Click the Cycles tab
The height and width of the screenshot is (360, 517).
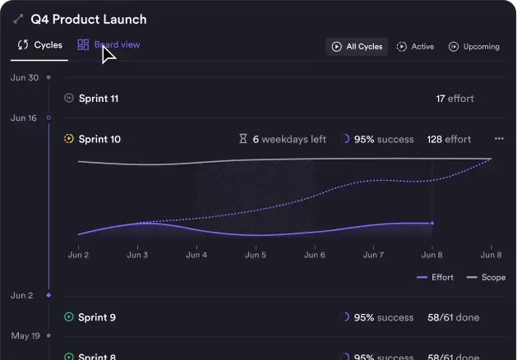coord(40,45)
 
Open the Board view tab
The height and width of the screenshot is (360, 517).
coord(108,44)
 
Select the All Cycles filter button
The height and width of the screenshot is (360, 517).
coord(357,47)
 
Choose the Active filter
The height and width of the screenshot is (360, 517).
coord(415,47)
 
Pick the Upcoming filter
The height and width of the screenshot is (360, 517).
coord(473,47)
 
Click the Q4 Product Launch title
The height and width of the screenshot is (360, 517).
coord(90,18)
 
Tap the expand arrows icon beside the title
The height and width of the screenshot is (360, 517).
coord(18,18)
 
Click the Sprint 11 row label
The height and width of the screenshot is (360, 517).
coord(98,99)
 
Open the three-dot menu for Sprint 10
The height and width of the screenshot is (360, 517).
coord(499,139)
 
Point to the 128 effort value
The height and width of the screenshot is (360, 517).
coord(449,139)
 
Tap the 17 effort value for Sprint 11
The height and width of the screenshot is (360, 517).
coord(455,99)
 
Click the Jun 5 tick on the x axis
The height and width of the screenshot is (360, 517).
coord(256,255)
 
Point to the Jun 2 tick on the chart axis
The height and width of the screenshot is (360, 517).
coord(78,255)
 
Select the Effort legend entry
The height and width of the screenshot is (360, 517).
coord(436,277)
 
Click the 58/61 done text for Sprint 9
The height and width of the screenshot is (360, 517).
coord(453,316)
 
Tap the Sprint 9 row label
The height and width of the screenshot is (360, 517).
coord(97,316)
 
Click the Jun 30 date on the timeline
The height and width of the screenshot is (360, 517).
coord(24,77)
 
